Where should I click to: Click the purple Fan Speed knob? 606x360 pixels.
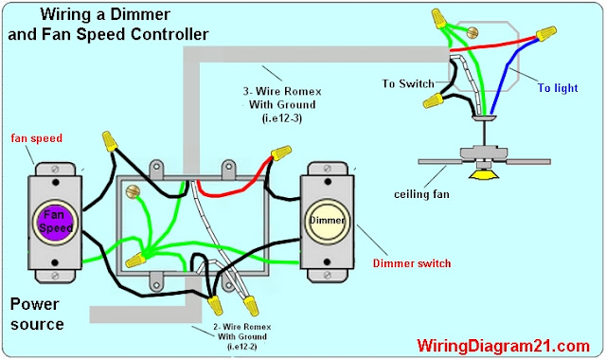(55, 222)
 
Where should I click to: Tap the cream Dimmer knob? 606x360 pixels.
(327, 222)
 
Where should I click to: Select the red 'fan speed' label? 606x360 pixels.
(36, 138)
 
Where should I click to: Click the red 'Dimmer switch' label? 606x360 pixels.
(412, 263)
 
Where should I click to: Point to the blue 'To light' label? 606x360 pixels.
(558, 88)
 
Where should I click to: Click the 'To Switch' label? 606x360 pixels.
(408, 83)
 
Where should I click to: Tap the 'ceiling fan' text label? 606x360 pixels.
(421, 193)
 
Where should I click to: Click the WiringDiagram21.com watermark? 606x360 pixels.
(503, 345)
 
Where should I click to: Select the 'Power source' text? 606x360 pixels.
(36, 314)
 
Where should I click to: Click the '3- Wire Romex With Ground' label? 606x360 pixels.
(282, 104)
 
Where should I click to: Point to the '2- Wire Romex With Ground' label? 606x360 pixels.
(242, 336)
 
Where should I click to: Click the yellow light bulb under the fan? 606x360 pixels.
(483, 174)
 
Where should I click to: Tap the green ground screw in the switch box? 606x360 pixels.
(133, 190)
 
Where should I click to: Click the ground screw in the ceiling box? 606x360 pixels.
(472, 32)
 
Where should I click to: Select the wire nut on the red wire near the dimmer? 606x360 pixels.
(281, 153)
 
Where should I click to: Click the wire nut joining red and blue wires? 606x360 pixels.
(545, 33)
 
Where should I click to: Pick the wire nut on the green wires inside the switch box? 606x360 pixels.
(135, 260)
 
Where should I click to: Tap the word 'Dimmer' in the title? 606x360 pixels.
(140, 14)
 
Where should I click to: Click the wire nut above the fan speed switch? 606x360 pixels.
(110, 141)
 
